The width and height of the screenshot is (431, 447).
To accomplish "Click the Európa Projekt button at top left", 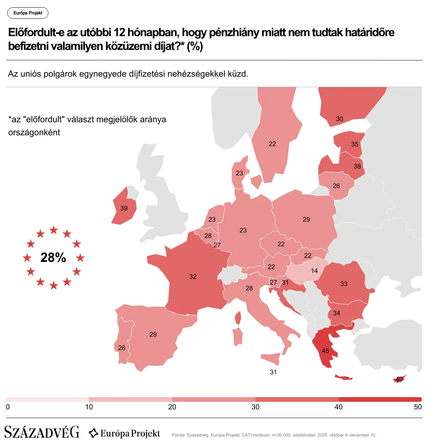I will click(x=28, y=13).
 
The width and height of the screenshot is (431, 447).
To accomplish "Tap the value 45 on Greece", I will click(x=325, y=351).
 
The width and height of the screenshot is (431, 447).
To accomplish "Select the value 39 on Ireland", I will click(x=124, y=208).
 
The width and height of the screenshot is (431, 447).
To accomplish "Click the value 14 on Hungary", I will click(x=314, y=271).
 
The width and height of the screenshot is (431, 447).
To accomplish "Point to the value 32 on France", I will click(x=193, y=277).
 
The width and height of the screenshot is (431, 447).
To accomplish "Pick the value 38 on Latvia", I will click(x=357, y=166).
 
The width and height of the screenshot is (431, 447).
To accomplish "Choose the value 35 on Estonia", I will click(x=355, y=144).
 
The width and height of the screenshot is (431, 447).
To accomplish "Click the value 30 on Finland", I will click(x=340, y=119).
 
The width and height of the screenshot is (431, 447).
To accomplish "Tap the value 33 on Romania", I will click(x=344, y=284).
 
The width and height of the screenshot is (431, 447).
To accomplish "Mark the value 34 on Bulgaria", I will click(x=336, y=313).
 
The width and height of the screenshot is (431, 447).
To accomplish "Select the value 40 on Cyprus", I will click(x=399, y=379).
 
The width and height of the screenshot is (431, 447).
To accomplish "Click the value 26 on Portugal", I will click(x=122, y=348).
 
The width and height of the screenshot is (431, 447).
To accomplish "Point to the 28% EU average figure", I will click(x=53, y=257).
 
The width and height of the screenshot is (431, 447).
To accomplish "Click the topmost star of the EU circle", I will click(x=54, y=230).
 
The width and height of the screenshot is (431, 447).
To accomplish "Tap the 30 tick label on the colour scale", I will click(x=255, y=407).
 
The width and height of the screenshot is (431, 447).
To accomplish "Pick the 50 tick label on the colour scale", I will click(x=418, y=407).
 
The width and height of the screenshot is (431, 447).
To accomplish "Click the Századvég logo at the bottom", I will click(x=42, y=433).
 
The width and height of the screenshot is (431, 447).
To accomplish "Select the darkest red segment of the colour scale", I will click(x=380, y=399).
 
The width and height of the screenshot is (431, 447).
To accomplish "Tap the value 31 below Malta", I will click(x=273, y=372).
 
